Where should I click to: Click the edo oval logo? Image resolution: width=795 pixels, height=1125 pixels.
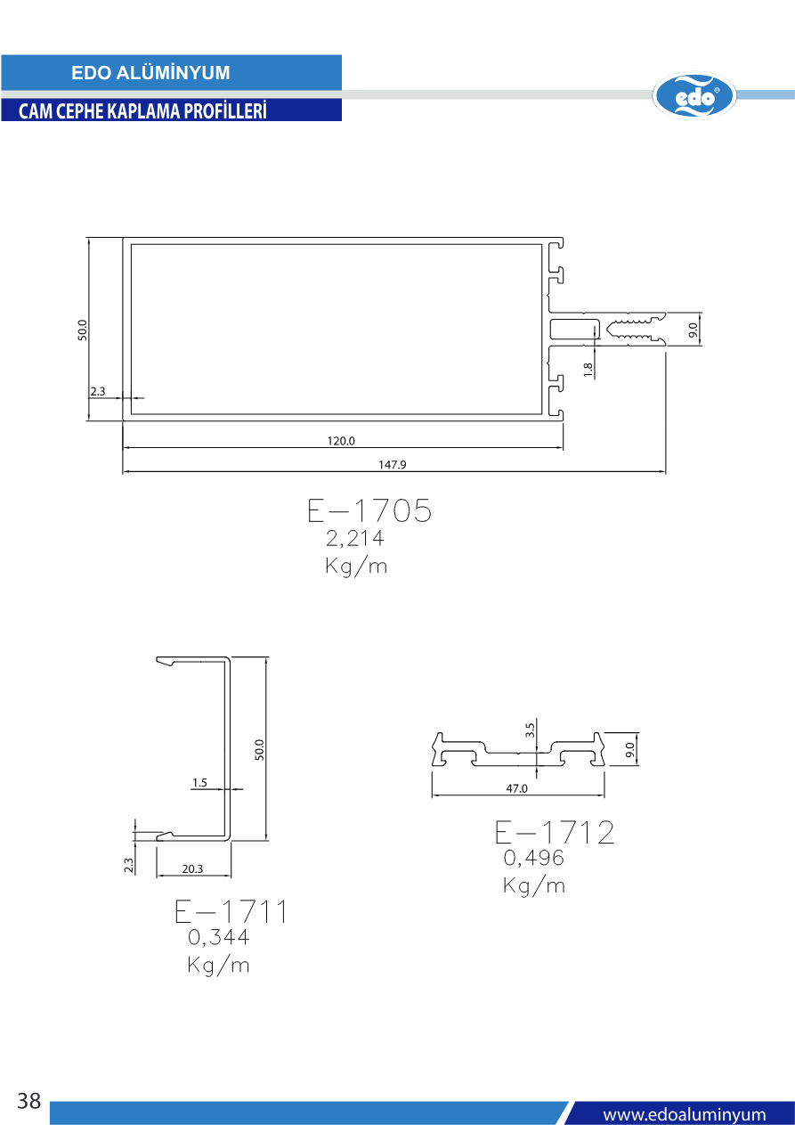(694, 95)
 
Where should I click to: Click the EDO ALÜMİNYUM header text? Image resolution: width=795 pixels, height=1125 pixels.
(150, 73)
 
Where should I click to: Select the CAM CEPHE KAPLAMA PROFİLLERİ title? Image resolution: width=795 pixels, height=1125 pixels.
(142, 111)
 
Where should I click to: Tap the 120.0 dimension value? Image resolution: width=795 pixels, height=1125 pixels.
(341, 441)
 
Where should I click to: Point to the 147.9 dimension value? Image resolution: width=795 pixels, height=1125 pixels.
(392, 465)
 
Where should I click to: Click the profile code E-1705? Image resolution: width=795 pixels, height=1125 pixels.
(369, 510)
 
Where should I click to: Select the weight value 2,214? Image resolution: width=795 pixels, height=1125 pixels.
(355, 538)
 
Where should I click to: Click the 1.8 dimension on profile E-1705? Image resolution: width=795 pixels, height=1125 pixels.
(588, 370)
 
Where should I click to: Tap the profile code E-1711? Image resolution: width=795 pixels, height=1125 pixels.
(231, 911)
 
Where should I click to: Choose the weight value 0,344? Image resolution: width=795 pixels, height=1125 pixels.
(218, 937)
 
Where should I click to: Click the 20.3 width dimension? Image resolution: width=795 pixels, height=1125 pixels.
(192, 868)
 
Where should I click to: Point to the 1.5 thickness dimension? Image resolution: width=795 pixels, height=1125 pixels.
(199, 782)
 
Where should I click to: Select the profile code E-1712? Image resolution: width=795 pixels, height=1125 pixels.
(555, 832)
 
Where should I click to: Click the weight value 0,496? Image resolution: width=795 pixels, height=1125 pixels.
(533, 858)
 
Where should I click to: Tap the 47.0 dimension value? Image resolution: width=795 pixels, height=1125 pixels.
(516, 788)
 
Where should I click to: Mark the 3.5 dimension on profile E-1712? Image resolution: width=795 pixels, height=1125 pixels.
(530, 730)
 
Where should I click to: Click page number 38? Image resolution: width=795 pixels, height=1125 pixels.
(29, 1101)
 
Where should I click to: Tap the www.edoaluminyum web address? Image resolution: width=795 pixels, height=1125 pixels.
(684, 1114)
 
